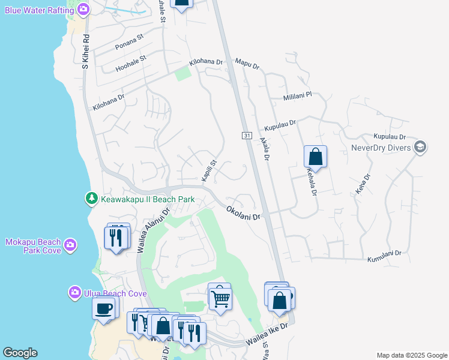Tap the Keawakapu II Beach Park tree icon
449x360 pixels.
click(91, 198)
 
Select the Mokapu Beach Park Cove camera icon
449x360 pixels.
click(71, 244)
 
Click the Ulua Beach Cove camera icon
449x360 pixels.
click(75, 292)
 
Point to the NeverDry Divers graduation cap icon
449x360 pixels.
click(420, 147)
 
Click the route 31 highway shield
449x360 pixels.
click(247, 136)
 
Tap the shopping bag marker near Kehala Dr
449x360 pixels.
click(315, 157)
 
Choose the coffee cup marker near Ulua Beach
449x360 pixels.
click(104, 309)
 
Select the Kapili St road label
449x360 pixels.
click(208, 170)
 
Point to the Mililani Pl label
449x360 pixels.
click(297, 96)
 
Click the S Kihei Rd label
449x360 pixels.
click(86, 50)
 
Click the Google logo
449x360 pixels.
click(20, 353)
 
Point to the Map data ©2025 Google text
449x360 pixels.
click(411, 355)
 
